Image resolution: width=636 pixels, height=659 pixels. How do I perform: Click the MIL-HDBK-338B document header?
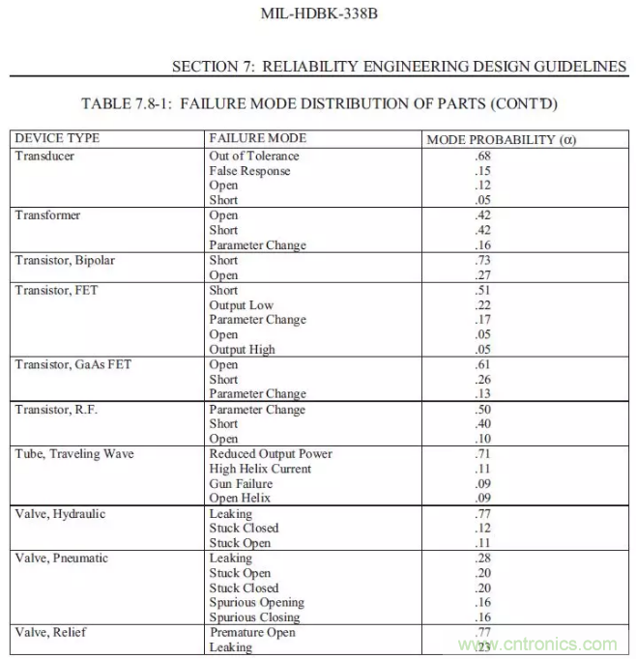pyautogui.click(x=317, y=14)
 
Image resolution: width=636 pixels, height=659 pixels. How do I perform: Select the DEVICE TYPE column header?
pyautogui.click(x=57, y=139)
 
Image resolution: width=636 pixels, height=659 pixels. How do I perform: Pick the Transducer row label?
pyautogui.click(x=44, y=156)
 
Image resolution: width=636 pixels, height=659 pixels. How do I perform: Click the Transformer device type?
pyautogui.click(x=47, y=215)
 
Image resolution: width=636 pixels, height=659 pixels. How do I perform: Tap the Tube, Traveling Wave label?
pyautogui.click(x=74, y=454)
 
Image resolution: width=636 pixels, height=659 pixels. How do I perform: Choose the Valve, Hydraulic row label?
pyautogui.click(x=60, y=514)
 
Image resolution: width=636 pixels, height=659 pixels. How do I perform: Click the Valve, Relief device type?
pyautogui.click(x=52, y=632)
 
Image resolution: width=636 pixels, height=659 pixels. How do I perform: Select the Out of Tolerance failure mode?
pyautogui.click(x=254, y=156)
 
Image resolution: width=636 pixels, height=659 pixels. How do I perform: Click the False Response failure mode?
pyautogui.click(x=249, y=171)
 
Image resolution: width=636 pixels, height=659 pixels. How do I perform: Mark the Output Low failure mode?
pyautogui.click(x=242, y=304)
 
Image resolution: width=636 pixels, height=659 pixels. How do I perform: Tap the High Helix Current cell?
pyautogui.click(x=260, y=469)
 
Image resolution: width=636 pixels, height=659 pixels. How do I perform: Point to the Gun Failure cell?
pyautogui.click(x=241, y=483)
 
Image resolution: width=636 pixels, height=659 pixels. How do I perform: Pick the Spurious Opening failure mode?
pyautogui.click(x=256, y=602)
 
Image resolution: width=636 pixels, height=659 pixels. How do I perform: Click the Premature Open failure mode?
pyautogui.click(x=251, y=632)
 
